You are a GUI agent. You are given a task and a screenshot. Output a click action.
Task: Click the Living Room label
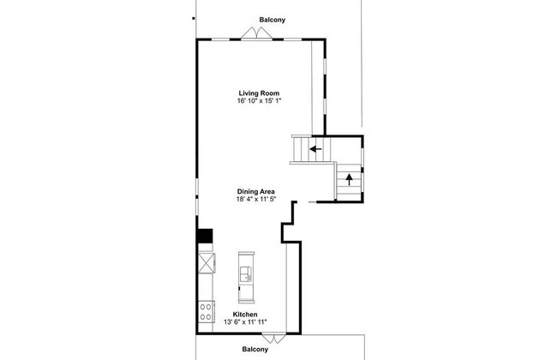(x=259, y=93)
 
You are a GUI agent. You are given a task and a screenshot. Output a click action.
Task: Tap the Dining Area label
(x=255, y=191)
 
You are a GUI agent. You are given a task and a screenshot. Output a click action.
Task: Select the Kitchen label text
(x=245, y=315)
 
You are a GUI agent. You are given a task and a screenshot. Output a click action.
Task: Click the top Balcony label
(x=273, y=20)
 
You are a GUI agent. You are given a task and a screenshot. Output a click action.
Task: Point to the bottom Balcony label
(x=255, y=350)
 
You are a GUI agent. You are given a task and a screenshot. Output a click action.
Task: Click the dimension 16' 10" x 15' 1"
(x=260, y=100)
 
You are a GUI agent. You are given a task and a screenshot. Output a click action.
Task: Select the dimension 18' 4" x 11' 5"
(x=256, y=199)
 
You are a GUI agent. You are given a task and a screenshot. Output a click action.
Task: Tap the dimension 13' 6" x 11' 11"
(x=245, y=322)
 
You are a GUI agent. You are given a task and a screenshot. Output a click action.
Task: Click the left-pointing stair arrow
(x=315, y=149)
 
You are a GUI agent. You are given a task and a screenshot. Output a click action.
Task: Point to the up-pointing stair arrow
(x=349, y=179)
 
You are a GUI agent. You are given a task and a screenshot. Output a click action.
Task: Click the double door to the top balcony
(x=257, y=33)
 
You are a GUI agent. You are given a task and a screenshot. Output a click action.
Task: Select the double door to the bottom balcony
(x=273, y=339)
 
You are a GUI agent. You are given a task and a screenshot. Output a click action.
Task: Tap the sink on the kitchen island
(x=246, y=274)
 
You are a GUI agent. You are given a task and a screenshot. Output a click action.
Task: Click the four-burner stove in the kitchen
(x=206, y=312)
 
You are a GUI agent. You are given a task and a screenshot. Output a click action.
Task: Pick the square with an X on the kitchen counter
(x=207, y=263)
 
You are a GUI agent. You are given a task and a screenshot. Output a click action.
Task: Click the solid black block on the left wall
(x=205, y=236)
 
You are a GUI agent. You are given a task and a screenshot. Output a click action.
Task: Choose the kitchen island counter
(x=246, y=278)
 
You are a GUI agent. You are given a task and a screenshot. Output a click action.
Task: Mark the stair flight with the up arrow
(x=349, y=182)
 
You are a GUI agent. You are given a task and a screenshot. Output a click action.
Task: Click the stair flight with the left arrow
(x=311, y=150)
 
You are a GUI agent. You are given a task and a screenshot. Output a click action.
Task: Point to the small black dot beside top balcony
(x=194, y=18)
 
